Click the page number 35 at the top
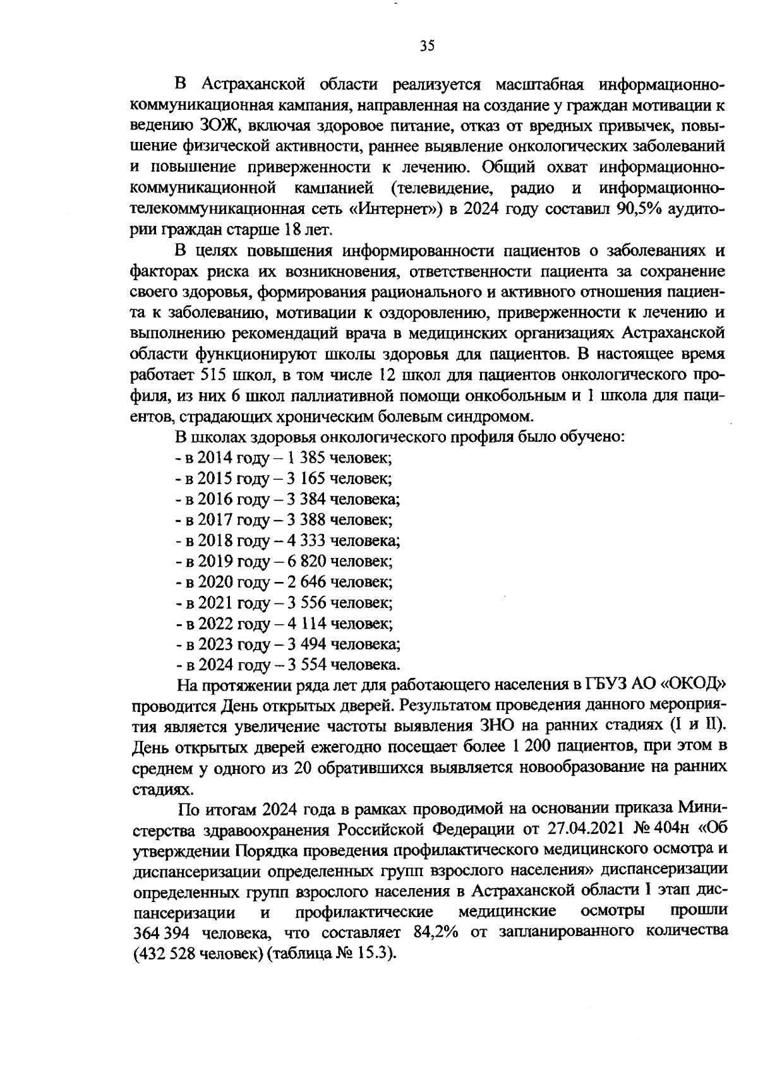point(427,45)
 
